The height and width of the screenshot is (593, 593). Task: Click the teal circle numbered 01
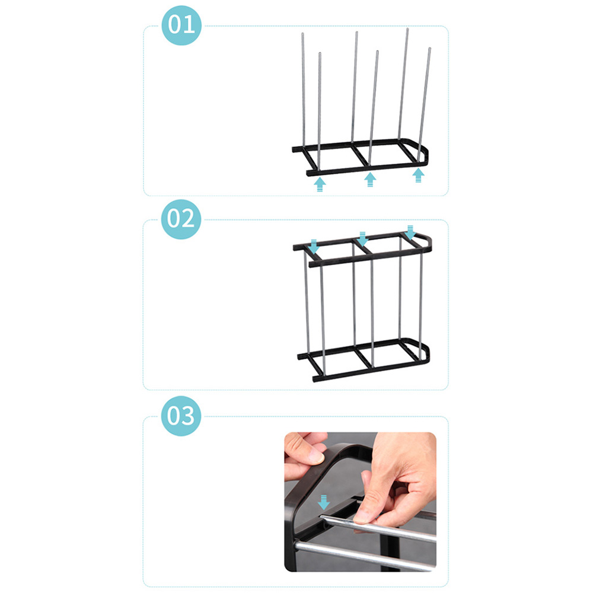tap(181, 25)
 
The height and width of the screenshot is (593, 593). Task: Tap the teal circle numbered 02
tap(181, 219)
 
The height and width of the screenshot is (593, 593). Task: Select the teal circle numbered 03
tap(181, 416)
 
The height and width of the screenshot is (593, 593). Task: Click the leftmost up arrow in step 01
tap(320, 184)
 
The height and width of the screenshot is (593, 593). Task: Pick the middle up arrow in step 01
tap(370, 179)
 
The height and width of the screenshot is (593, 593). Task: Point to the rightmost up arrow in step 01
tap(418, 175)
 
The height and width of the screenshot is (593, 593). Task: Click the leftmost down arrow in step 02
tap(314, 247)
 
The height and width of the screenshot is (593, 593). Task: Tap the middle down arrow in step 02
tap(363, 239)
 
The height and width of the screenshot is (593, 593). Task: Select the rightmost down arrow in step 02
tap(410, 232)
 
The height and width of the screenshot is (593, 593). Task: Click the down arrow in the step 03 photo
tap(323, 502)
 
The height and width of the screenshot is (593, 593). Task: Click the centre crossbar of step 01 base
tap(360, 155)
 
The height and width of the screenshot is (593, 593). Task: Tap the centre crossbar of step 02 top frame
tap(362, 246)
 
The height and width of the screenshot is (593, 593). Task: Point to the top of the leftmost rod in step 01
tap(302, 34)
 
